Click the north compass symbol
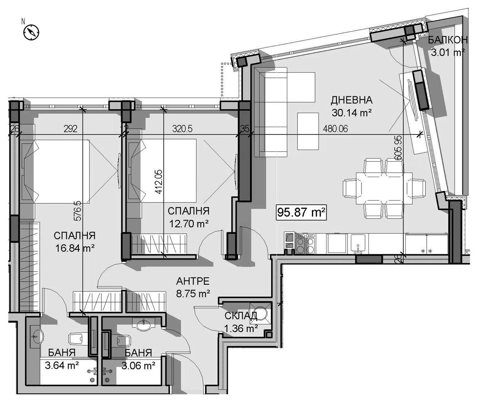[31, 32]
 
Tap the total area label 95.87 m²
[301, 212]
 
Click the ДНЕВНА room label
[352, 100]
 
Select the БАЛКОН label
[448, 40]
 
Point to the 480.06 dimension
[335, 129]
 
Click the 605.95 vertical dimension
[398, 148]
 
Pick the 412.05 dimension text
[159, 182]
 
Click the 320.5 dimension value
[182, 129]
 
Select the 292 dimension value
[71, 129]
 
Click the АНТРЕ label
[193, 280]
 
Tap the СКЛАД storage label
[241, 316]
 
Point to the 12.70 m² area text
[189, 224]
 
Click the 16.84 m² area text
[75, 248]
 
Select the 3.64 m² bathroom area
[62, 365]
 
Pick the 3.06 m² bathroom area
[139, 365]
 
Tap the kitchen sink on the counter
[358, 244]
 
